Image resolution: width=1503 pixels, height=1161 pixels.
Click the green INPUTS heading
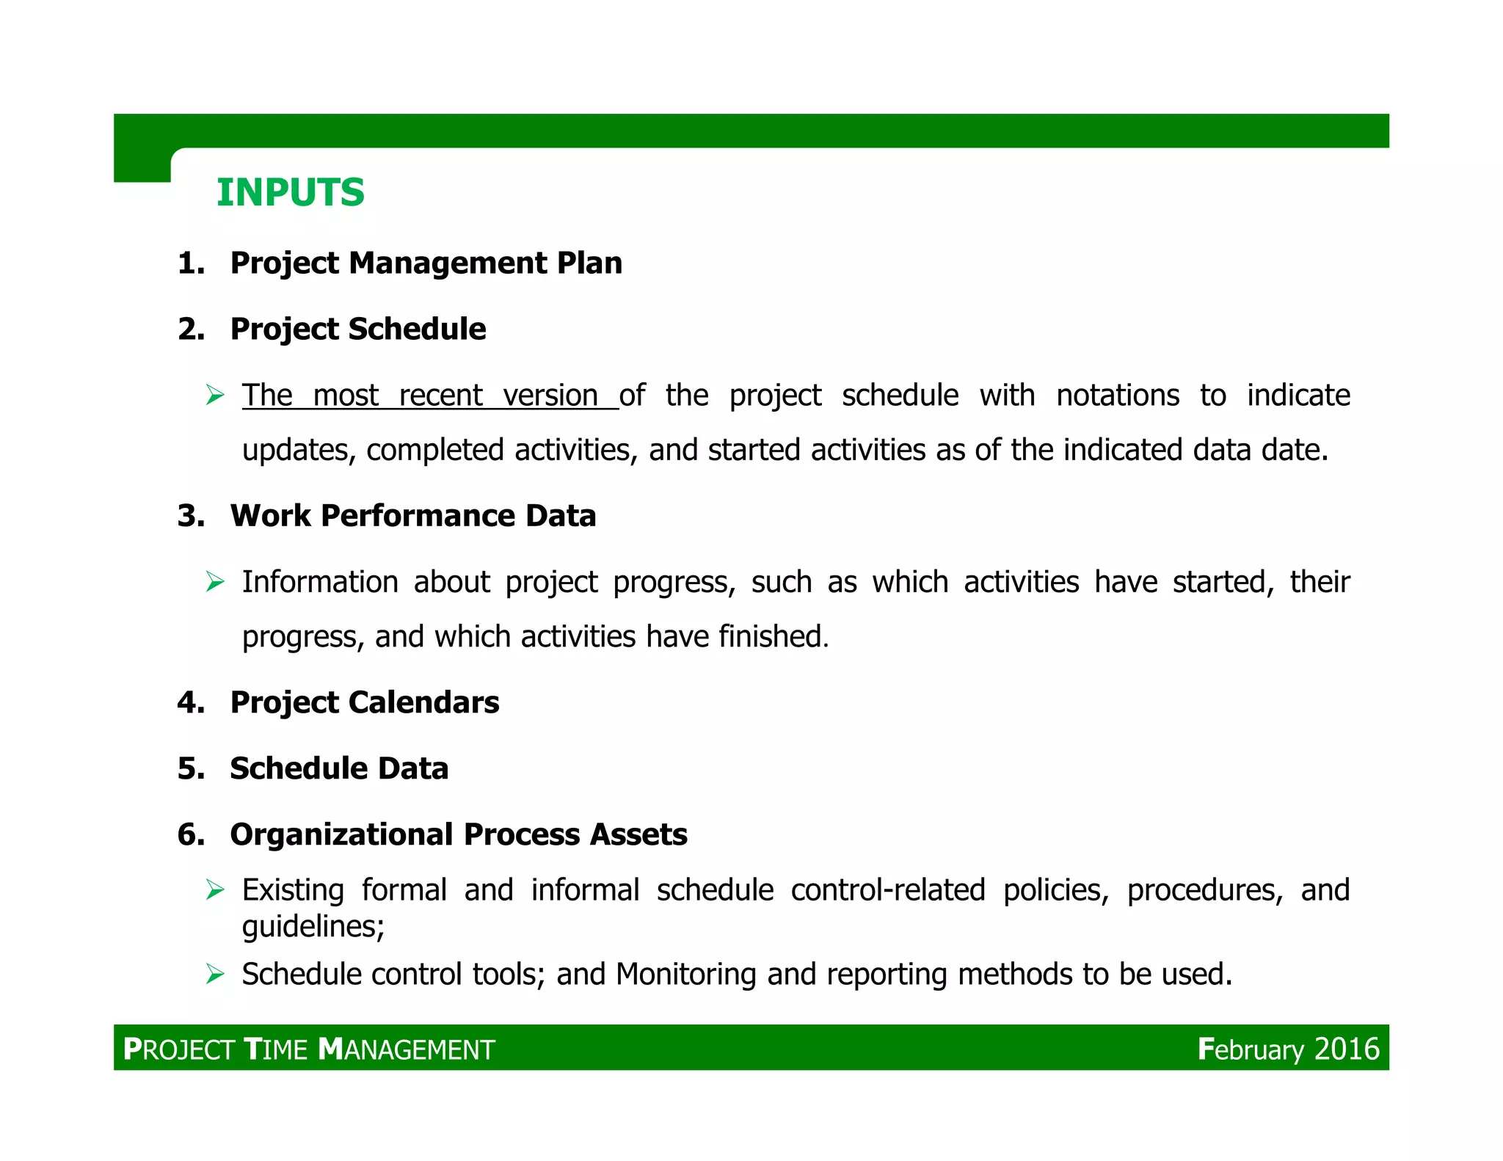[290, 192]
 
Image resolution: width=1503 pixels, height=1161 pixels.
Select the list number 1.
[190, 263]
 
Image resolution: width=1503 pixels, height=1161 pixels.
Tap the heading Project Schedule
[357, 329]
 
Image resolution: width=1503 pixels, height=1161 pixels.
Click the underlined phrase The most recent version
[429, 396]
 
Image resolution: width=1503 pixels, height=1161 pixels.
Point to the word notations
[1117, 396]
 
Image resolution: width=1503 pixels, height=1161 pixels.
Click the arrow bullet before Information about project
[214, 582]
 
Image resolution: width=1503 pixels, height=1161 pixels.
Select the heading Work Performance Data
[412, 515]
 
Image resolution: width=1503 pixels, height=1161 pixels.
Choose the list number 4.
[190, 702]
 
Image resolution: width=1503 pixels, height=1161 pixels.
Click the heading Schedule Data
[339, 768]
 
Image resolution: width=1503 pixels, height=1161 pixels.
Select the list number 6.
[190, 834]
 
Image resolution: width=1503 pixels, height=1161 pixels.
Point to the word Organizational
[342, 834]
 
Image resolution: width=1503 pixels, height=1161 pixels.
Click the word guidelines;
[313, 927]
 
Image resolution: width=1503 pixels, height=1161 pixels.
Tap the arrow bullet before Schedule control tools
[214, 974]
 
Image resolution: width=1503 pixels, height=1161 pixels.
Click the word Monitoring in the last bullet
[685, 974]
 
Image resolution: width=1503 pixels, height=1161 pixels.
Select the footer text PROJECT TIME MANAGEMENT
[309, 1049]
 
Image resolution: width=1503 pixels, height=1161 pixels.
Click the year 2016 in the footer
[1346, 1049]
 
